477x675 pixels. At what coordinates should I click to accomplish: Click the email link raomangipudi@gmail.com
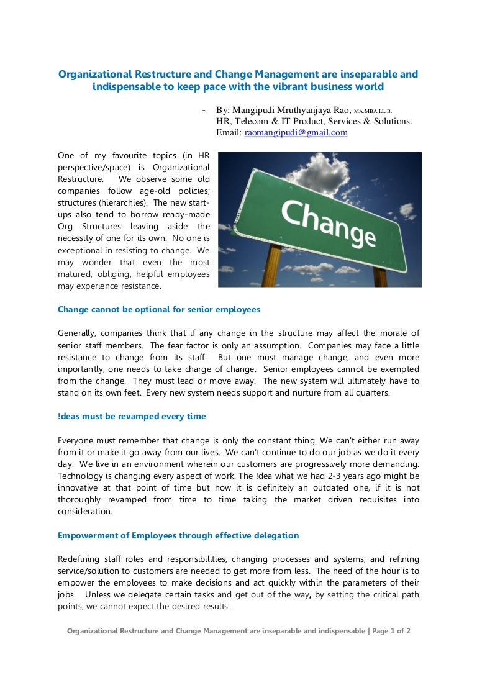tap(296, 133)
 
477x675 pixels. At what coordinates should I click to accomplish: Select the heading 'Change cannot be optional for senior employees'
tap(159, 309)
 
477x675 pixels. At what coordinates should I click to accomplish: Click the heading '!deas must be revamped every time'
tap(132, 416)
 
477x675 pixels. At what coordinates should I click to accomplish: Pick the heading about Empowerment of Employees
tap(178, 535)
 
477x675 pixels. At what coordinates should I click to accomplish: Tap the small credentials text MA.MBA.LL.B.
tap(373, 111)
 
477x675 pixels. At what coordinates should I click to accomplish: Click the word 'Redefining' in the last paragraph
tap(80, 559)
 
